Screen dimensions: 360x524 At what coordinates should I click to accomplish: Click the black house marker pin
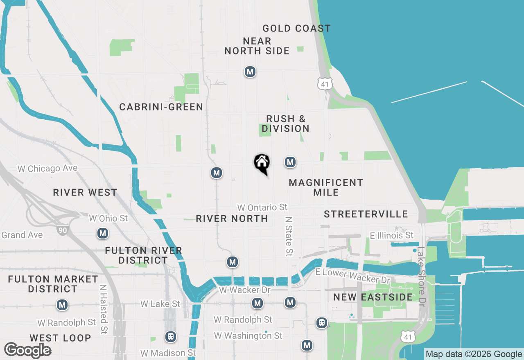click(262, 163)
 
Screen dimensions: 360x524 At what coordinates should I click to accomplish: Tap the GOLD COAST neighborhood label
click(296, 28)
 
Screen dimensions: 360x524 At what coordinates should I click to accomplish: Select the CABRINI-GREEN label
click(161, 107)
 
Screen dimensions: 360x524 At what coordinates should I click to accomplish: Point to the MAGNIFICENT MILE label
click(326, 187)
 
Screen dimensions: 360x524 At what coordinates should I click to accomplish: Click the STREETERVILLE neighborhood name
click(366, 214)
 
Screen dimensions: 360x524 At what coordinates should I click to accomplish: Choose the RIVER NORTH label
click(232, 218)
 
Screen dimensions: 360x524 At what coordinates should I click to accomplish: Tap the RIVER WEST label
click(85, 192)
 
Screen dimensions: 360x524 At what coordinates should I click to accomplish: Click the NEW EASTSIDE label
click(373, 297)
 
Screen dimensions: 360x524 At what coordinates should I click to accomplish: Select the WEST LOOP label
click(60, 338)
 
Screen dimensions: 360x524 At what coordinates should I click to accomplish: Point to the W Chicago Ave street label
click(47, 169)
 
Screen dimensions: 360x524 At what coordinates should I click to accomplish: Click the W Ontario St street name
click(262, 207)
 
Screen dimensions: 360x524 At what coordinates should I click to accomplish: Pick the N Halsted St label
click(104, 309)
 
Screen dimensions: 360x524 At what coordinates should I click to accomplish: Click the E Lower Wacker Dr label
click(353, 277)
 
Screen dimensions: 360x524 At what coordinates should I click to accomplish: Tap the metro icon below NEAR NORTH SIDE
click(250, 72)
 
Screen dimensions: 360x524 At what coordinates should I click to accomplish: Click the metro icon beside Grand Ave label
click(102, 234)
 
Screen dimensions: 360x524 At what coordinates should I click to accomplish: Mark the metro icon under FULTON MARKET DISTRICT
click(62, 305)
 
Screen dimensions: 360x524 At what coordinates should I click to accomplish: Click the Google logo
click(27, 351)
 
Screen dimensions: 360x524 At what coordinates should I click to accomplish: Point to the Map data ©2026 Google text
click(474, 354)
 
